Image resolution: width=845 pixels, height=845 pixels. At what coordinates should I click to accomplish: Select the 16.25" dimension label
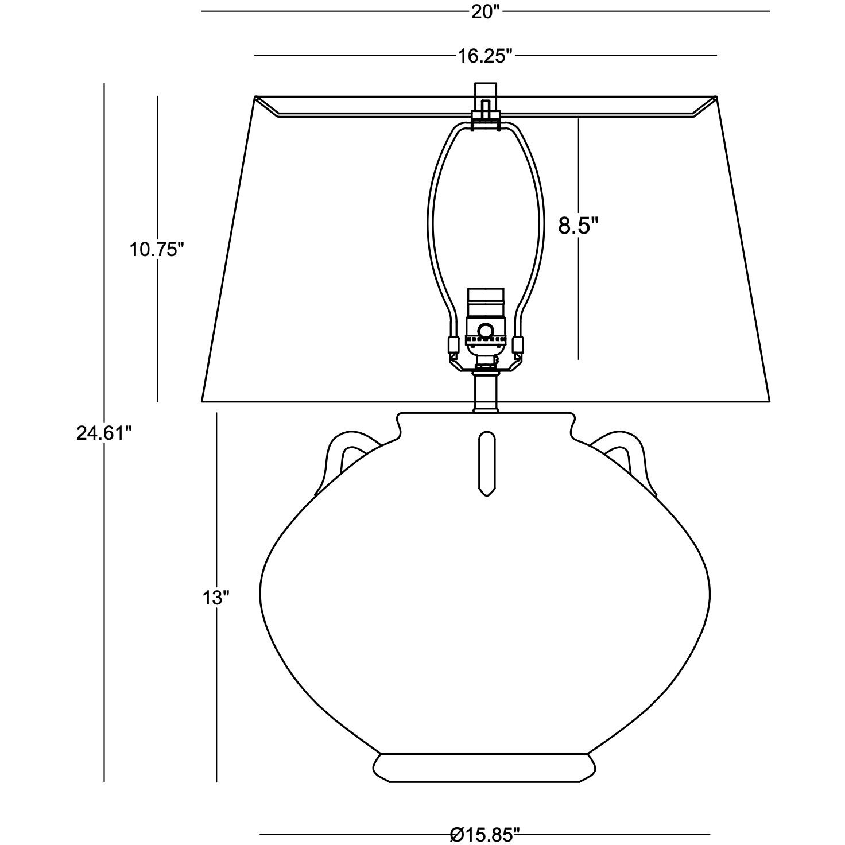(484, 56)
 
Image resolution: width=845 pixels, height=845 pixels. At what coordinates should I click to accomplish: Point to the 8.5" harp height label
(578, 226)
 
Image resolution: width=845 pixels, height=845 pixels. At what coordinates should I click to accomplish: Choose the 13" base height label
(216, 598)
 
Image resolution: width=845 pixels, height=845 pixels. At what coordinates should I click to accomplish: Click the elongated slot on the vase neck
(486, 463)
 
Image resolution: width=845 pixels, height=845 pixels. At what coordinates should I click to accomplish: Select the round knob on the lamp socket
(486, 331)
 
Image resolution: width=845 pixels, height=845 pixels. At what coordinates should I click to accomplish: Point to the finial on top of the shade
(486, 92)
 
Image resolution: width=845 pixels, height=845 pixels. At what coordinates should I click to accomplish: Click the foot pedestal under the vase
(485, 766)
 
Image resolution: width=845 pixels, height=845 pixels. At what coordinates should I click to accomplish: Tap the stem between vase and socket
(486, 392)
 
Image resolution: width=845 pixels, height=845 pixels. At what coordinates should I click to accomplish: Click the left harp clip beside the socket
(453, 345)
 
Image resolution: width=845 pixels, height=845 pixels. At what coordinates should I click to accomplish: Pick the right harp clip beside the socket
(519, 345)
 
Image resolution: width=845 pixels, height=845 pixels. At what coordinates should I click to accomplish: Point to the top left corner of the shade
(254, 98)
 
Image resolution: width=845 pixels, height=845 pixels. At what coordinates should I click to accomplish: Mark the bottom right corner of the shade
(769, 400)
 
